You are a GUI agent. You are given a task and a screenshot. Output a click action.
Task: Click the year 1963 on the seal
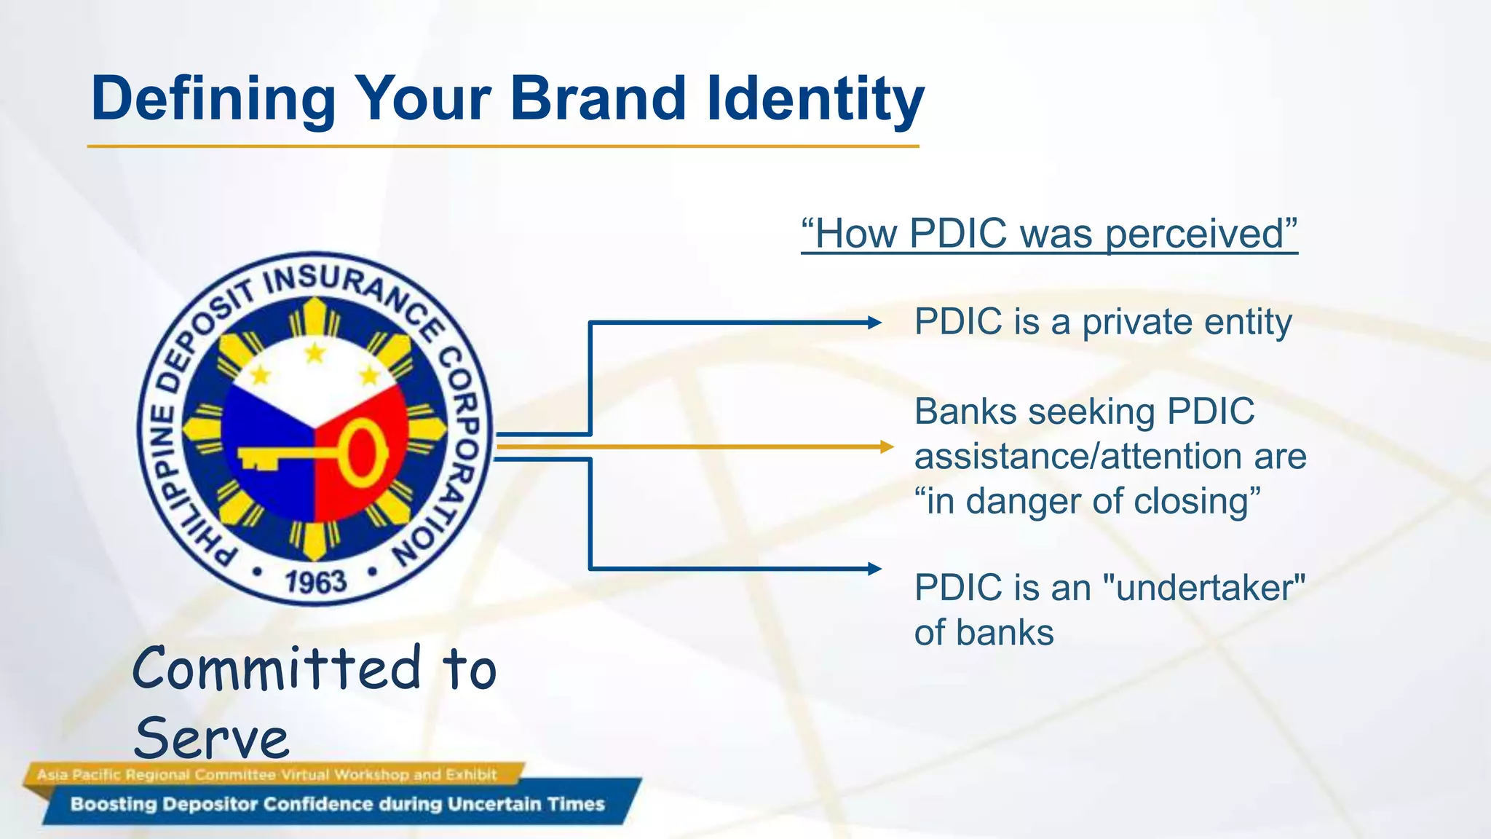coord(315,582)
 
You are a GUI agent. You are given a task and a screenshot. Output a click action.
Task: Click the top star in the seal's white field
coord(315,353)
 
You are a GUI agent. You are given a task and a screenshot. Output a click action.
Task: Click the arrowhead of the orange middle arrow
coord(887,446)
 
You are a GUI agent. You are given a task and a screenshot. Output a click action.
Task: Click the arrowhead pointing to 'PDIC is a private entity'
coord(875,323)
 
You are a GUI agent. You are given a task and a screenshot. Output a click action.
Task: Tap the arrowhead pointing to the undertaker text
coord(875,569)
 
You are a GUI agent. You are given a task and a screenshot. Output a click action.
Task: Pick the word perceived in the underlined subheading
coord(1194,235)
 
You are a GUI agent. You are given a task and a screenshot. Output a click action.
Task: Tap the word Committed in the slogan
coord(277,669)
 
